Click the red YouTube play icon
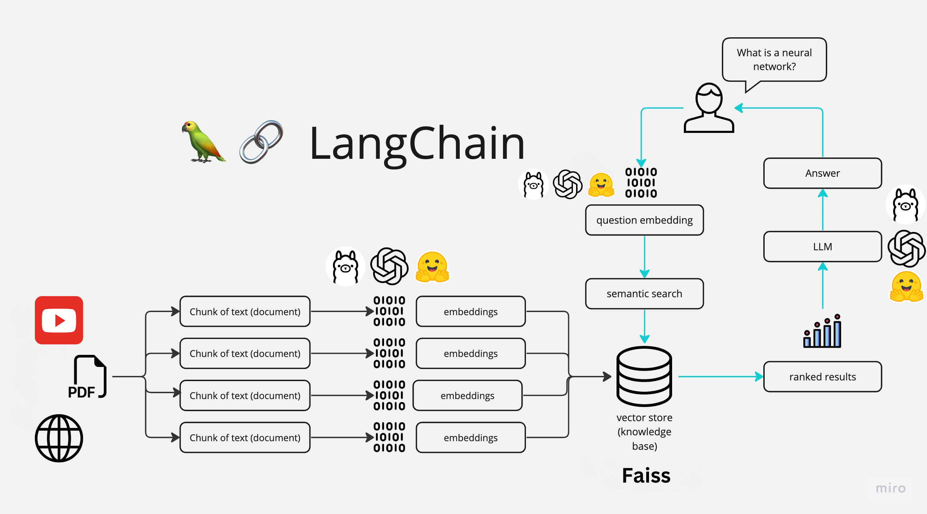point(59,320)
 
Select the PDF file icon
point(88,377)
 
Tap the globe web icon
point(59,438)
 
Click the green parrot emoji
point(203,142)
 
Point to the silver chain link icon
point(261,142)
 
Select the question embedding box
point(644,220)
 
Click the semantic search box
point(644,293)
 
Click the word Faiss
point(646,476)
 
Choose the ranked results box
point(822,377)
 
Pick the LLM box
point(822,247)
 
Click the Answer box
point(822,173)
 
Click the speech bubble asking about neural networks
point(774,60)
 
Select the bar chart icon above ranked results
point(822,331)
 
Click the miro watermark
point(890,488)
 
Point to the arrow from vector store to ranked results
point(720,377)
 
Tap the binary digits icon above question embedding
point(641,183)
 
